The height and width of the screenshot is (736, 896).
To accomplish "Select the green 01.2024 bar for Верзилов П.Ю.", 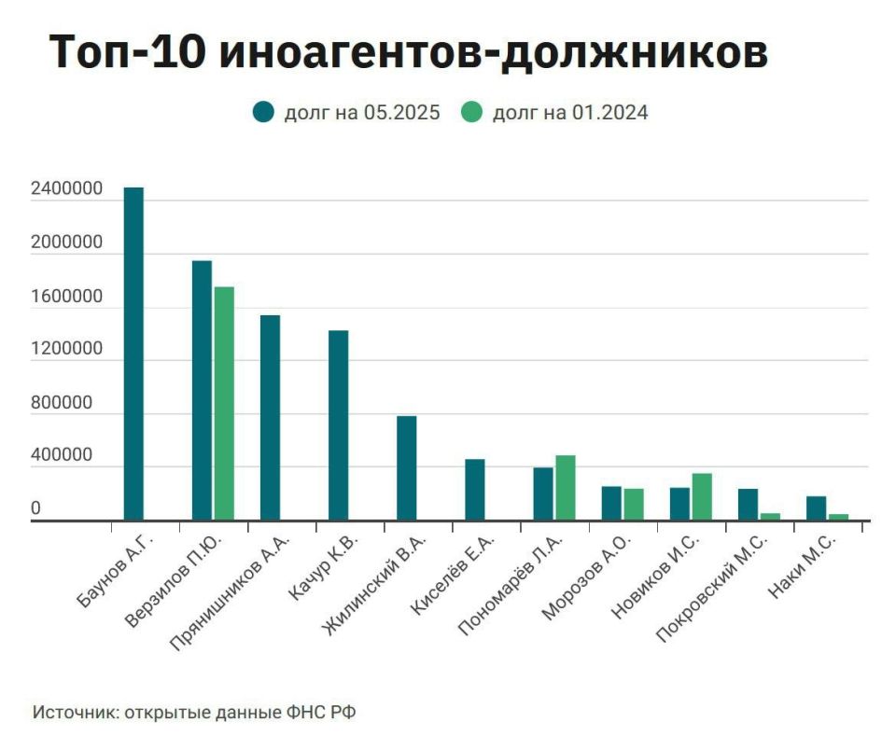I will (224, 403).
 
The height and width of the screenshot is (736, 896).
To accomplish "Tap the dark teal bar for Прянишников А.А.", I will (270, 417).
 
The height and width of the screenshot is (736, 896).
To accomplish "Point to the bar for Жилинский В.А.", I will (406, 467).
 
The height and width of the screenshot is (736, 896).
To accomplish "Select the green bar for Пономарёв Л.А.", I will (566, 487).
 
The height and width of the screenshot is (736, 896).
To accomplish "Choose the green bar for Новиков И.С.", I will (702, 496).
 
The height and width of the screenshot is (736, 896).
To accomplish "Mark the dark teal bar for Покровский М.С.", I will (748, 504).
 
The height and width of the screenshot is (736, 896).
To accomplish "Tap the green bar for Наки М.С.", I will (838, 516).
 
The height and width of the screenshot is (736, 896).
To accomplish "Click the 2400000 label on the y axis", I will (66, 190).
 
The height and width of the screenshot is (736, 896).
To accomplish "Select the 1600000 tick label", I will (66, 298).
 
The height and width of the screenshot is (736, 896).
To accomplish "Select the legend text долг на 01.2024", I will (570, 113).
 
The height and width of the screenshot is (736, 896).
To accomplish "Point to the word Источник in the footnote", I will (74, 712).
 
